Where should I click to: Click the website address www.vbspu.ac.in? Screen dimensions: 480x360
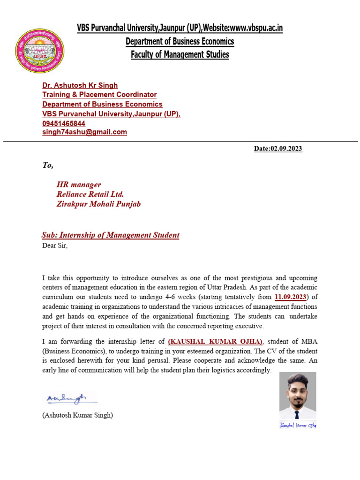pos(256,28)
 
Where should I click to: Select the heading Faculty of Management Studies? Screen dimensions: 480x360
pos(180,55)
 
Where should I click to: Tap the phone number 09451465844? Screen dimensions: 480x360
pos(64,123)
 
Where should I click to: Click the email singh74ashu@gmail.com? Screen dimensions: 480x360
pos(84,132)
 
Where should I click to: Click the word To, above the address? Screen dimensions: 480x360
pos(48,165)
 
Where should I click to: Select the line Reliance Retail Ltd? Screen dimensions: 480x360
pos(90,194)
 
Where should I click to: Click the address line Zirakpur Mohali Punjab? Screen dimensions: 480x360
pos(98,204)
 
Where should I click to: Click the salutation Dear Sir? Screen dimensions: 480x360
pos(55,246)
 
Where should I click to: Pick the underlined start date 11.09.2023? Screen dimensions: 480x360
pos(290,297)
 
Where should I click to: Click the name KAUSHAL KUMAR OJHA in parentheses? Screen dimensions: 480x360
pos(215,341)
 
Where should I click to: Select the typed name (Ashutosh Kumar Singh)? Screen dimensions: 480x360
pos(77,415)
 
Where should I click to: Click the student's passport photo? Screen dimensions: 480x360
pos(298,395)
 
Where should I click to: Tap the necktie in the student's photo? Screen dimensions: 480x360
pos(297,414)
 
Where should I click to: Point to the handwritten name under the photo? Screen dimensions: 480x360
pos(298,425)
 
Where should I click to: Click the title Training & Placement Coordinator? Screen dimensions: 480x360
pos(99,95)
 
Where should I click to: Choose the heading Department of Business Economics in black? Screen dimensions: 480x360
pos(180,42)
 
